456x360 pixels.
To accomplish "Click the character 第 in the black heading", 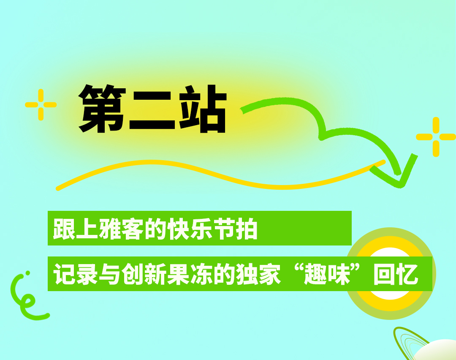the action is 102,109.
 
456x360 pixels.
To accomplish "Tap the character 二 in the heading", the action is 152,110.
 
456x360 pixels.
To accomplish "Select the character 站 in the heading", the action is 203,109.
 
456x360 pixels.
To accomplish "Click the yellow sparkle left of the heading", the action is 41,105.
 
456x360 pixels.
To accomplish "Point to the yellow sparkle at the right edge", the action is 436,137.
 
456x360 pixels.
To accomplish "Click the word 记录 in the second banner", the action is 75,274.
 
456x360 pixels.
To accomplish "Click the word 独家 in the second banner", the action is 258,274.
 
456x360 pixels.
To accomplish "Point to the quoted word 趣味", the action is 327,274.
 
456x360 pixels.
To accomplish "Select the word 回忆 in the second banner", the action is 396,274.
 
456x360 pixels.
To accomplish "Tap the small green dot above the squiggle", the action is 27,273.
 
